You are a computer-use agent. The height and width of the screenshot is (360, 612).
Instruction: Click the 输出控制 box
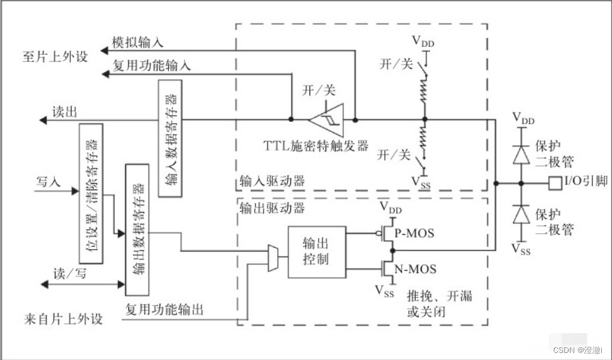(317, 251)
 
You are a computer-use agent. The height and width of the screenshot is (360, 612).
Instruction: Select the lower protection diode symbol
(521, 213)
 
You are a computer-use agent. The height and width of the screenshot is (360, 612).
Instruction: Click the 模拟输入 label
(138, 43)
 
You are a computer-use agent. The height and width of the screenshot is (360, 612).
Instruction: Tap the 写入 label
(48, 182)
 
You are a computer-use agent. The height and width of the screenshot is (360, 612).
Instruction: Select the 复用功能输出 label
(165, 310)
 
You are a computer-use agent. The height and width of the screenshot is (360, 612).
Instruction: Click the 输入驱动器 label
(272, 181)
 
